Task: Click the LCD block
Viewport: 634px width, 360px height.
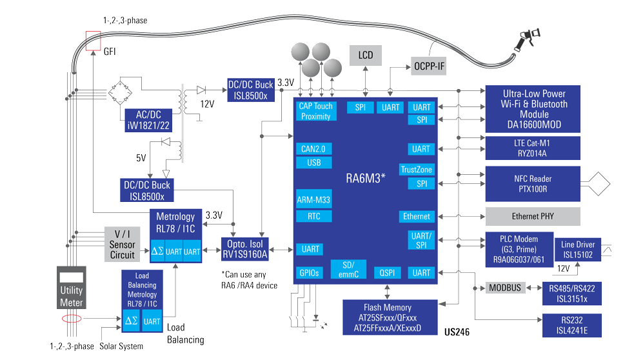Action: [x=366, y=55]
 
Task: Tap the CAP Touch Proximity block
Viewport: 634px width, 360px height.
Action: [x=315, y=111]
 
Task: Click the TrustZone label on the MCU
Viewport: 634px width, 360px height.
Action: [x=417, y=170]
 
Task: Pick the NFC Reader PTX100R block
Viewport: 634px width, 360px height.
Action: [x=533, y=184]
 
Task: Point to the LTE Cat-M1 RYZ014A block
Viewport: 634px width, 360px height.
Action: [x=533, y=148]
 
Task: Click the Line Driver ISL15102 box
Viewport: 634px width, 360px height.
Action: [x=578, y=250]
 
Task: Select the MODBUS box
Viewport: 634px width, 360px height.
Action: [x=505, y=288]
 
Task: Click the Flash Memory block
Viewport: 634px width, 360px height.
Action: [x=388, y=317]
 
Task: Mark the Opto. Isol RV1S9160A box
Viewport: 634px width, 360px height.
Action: [x=246, y=249]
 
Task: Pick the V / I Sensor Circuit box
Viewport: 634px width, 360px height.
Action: [x=122, y=245]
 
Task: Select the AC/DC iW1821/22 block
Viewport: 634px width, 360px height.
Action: [x=149, y=120]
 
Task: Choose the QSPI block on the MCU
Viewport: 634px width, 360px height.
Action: [x=387, y=273]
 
